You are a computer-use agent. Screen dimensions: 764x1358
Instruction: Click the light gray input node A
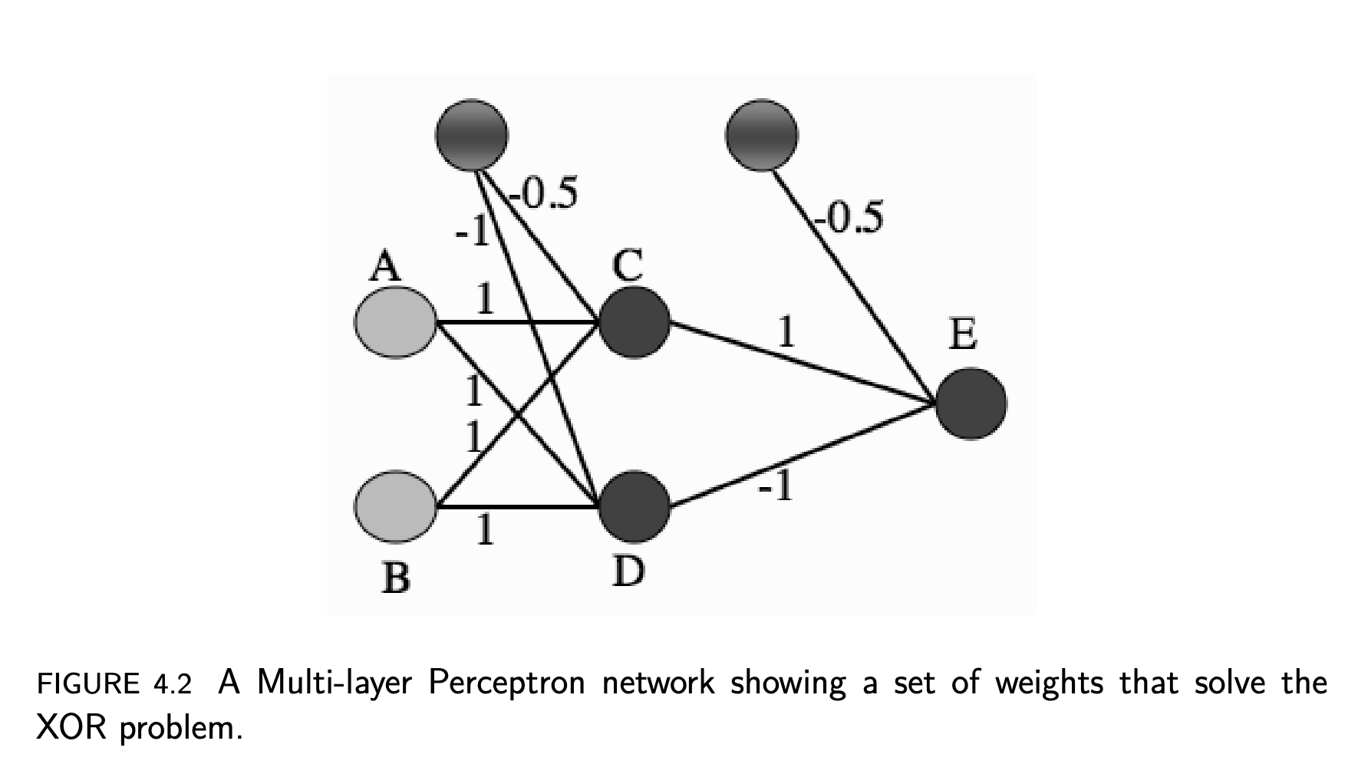click(395, 322)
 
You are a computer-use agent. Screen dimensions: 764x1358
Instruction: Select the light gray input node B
click(395, 506)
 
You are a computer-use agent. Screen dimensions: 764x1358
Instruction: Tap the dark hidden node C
click(634, 322)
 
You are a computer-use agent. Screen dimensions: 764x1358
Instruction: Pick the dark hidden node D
click(634, 506)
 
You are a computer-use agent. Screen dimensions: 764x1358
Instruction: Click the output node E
click(971, 403)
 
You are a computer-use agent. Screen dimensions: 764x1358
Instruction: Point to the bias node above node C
click(471, 134)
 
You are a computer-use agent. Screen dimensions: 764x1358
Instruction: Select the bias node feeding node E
click(761, 134)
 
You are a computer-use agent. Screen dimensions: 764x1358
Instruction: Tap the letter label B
click(395, 578)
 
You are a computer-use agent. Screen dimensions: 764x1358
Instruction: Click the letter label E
click(963, 334)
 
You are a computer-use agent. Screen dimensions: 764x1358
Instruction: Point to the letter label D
click(628, 571)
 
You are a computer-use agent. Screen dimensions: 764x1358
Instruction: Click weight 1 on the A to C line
click(484, 299)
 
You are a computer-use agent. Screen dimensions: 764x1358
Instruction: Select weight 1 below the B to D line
click(483, 529)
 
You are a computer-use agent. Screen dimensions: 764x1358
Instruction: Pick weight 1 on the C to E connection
click(785, 332)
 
